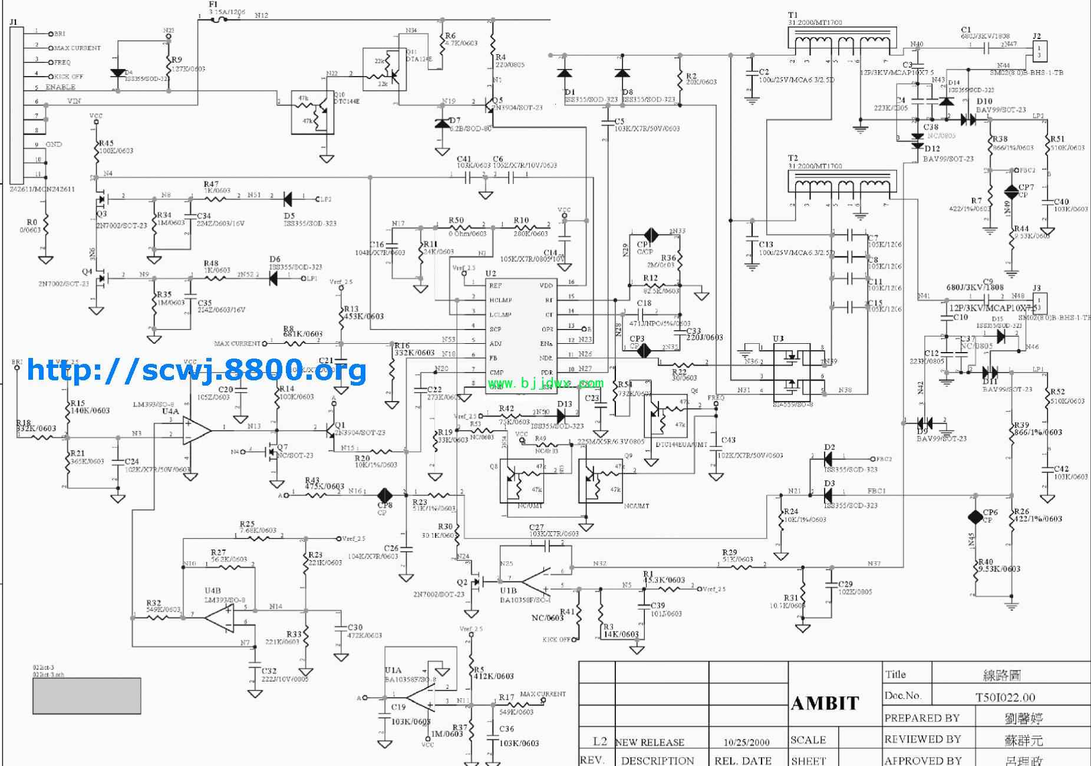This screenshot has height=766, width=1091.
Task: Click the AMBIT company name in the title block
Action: (x=825, y=703)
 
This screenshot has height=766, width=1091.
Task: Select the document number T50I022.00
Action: (x=1005, y=697)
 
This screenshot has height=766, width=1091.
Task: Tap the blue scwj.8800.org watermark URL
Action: (x=197, y=370)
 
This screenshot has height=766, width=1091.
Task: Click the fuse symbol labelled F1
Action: (x=219, y=19)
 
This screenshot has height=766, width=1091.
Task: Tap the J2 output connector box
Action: (x=1039, y=50)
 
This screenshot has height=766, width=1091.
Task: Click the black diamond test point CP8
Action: (x=385, y=494)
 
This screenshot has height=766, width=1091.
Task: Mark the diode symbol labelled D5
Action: (x=289, y=198)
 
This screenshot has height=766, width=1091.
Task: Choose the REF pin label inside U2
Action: (x=496, y=285)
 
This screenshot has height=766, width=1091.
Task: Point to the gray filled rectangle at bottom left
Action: (x=87, y=696)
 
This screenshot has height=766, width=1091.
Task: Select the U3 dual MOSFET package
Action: (x=793, y=373)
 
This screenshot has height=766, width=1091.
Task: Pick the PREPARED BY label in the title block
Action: (x=922, y=718)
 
